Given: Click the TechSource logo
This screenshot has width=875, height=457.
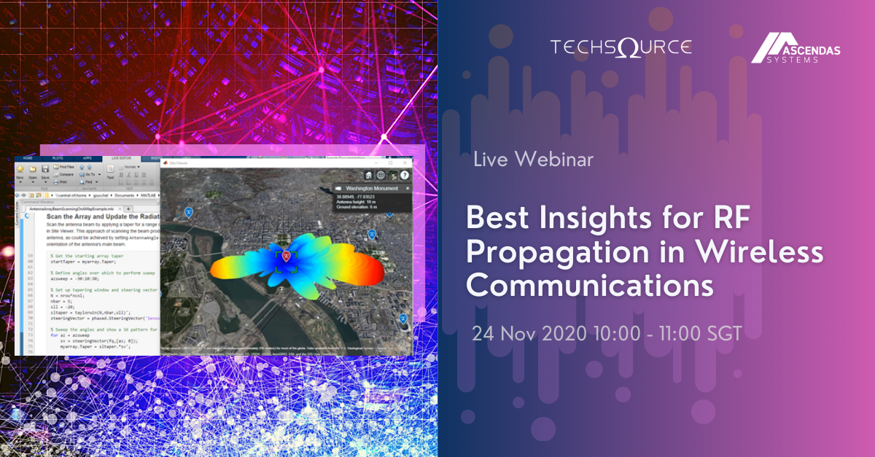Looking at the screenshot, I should click(621, 48).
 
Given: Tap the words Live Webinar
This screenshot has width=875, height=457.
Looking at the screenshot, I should click(533, 159).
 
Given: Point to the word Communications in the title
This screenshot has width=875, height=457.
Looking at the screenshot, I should click(589, 285).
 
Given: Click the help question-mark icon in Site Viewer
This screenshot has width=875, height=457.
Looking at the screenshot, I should click(404, 176).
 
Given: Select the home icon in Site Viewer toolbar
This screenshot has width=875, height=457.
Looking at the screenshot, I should click(370, 176).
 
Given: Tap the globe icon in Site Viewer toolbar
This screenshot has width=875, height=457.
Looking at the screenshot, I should click(381, 176).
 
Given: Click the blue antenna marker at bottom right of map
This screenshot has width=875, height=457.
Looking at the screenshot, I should click(403, 319).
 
